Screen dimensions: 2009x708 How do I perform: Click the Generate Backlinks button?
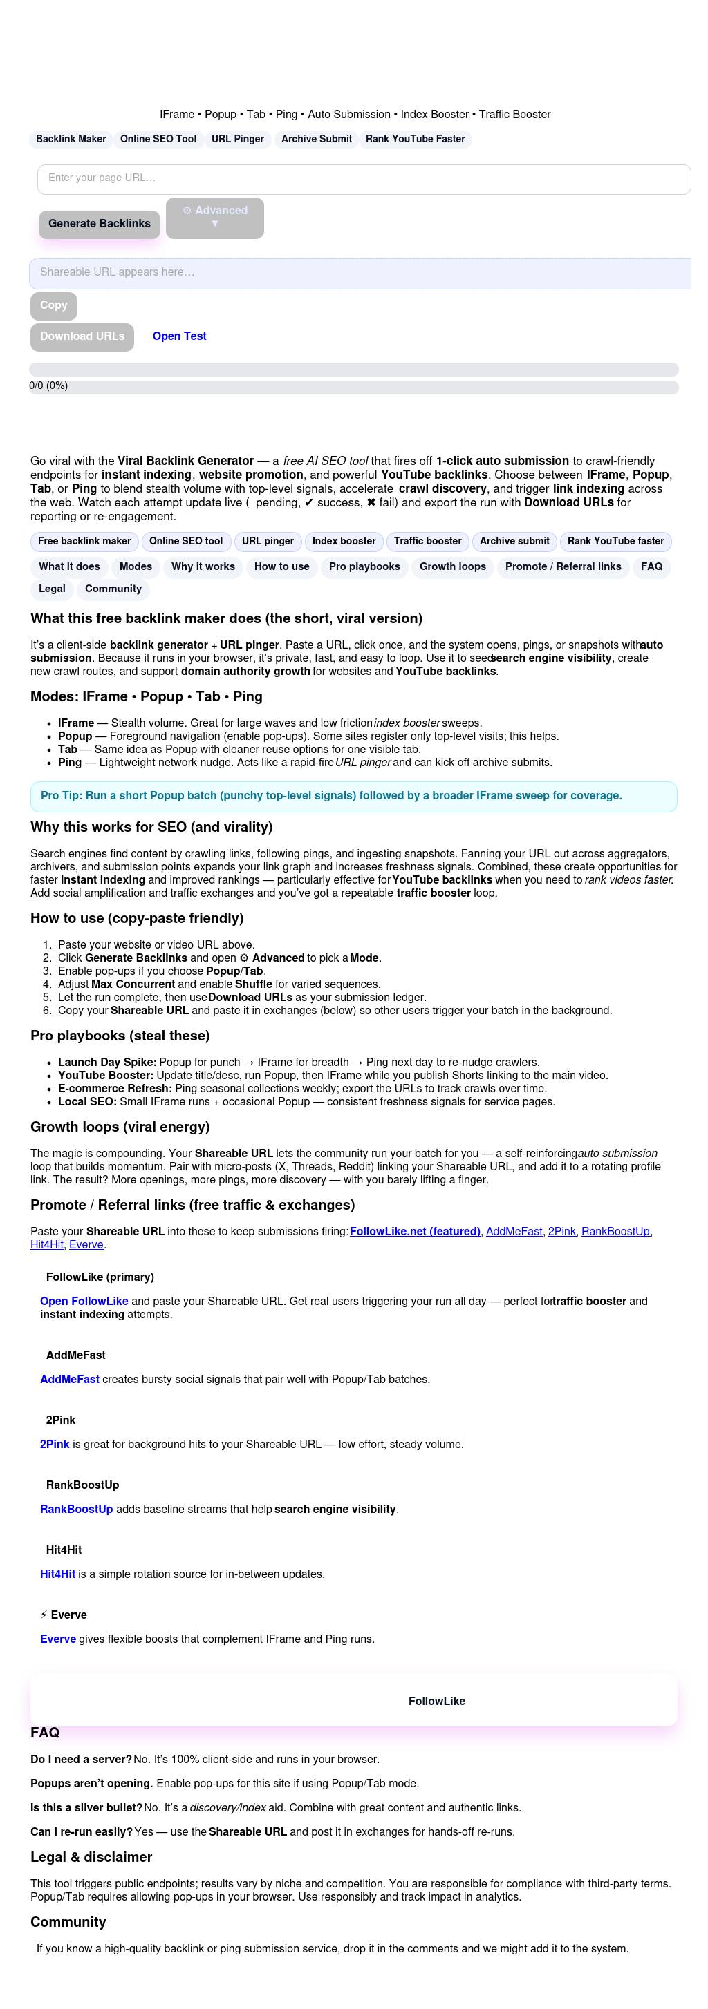99,224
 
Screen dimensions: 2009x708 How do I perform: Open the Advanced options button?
214,218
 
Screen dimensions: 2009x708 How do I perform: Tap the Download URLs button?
82,337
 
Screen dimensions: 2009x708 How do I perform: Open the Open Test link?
179,337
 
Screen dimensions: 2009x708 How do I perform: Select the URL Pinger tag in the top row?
237,140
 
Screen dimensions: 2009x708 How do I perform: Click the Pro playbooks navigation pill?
364,567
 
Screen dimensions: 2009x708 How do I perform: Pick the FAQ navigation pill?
651,567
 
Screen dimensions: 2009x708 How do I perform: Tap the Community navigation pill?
113,589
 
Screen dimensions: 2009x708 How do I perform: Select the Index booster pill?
344,541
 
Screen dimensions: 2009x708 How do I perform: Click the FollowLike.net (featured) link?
414,1232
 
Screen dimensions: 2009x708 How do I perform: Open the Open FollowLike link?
84,1302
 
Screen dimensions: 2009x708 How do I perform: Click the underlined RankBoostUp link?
615,1232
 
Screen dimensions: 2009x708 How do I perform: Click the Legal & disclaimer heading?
91,1858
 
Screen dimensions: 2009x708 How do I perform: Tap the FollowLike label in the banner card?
436,1702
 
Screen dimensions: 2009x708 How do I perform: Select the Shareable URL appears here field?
360,273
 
